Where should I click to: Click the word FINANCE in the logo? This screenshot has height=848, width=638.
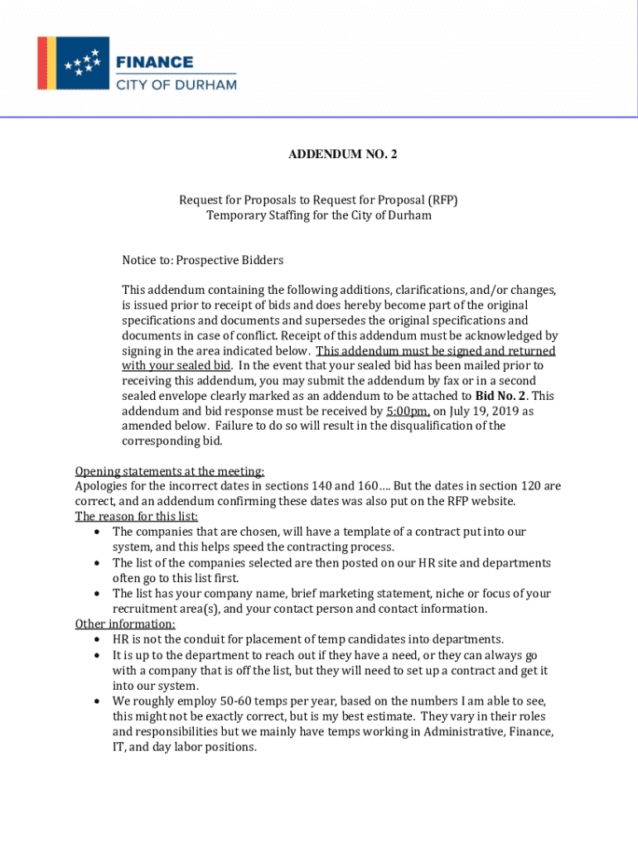[154, 62]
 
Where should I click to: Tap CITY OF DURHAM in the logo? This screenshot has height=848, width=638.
[176, 84]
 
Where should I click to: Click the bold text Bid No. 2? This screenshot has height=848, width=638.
[504, 396]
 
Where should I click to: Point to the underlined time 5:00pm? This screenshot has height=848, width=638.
[408, 411]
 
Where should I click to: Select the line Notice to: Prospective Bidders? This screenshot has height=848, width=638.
[203, 260]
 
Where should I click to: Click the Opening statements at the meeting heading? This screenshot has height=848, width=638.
[170, 471]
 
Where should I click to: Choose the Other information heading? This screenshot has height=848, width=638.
[125, 624]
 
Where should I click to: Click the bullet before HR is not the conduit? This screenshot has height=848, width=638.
[98, 640]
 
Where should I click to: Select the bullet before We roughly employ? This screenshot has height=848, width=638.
[98, 701]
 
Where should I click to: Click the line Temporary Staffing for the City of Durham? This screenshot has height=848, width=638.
[319, 215]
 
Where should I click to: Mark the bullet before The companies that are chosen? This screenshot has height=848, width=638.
[98, 532]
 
